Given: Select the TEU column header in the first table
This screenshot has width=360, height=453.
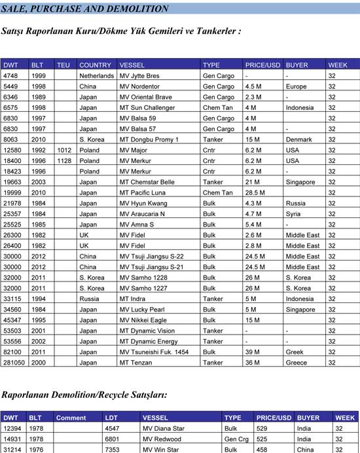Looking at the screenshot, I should [63, 65].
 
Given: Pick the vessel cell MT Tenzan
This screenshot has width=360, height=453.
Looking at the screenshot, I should [136, 363].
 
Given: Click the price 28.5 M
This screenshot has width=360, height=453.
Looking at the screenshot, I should [255, 192].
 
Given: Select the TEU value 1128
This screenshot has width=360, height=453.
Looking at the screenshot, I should [64, 160].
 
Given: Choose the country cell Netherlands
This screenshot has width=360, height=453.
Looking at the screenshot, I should [96, 76].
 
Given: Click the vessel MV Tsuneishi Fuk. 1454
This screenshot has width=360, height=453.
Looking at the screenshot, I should [154, 352].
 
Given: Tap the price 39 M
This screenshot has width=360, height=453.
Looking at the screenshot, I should [252, 352].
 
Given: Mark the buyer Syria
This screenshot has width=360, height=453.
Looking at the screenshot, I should [294, 213].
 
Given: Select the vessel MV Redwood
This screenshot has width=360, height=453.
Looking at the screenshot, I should [163, 439].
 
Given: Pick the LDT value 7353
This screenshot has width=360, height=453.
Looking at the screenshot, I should [113, 450].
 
